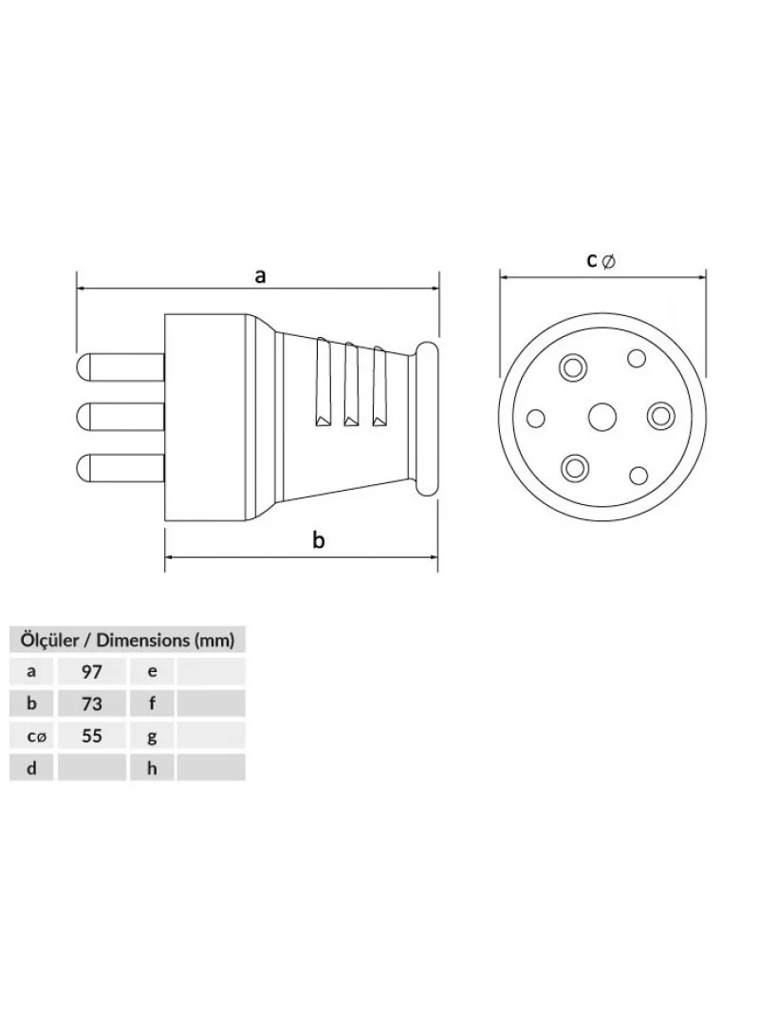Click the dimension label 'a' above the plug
coord(259,276)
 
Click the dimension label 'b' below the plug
coord(318,539)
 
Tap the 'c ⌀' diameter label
coord(601,260)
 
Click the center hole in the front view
coord(602,417)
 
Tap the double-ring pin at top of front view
coord(572,368)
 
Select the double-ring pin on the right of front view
coord(659,417)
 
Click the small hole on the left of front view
coord(535,419)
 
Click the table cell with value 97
coord(92,671)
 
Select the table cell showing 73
coord(92,703)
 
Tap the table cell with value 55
coord(92,736)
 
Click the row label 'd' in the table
coord(31,768)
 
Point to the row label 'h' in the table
coord(152,768)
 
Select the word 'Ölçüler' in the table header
coord(50,640)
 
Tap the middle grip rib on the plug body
coord(351,384)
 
